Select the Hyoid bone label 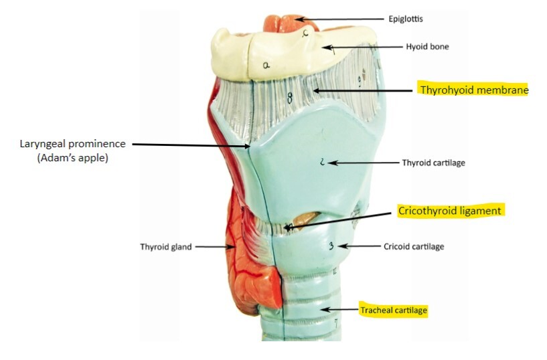pyautogui.click(x=427, y=47)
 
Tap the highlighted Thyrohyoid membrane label pyautogui.click(x=473, y=90)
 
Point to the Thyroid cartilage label pyautogui.click(x=433, y=163)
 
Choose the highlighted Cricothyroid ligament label pyautogui.click(x=450, y=211)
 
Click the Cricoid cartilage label pyautogui.click(x=414, y=246)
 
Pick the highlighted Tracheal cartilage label pyautogui.click(x=394, y=310)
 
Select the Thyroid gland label pyautogui.click(x=165, y=246)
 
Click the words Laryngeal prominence pyautogui.click(x=72, y=144)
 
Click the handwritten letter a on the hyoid pyautogui.click(x=266, y=65)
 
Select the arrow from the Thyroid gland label pyautogui.click(x=214, y=246)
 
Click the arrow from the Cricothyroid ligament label pyautogui.click(x=338, y=219)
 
